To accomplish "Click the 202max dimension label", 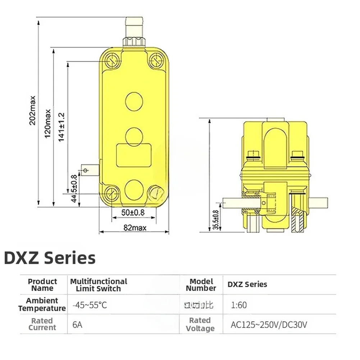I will [x=33, y=110].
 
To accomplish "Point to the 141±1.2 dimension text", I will [x=61, y=126].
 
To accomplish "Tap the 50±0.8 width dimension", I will [x=133, y=213].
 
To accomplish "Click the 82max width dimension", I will [x=133, y=228].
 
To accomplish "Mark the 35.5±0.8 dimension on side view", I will [x=215, y=219].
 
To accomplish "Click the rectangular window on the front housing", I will [x=133, y=155].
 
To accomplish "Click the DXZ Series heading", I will [x=50, y=258].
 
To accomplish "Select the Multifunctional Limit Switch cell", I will [x=99, y=285].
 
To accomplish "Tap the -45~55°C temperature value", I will [x=90, y=305].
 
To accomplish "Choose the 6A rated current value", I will [x=77, y=325].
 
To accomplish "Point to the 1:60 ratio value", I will [x=239, y=305].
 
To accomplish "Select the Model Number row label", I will [x=201, y=285].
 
